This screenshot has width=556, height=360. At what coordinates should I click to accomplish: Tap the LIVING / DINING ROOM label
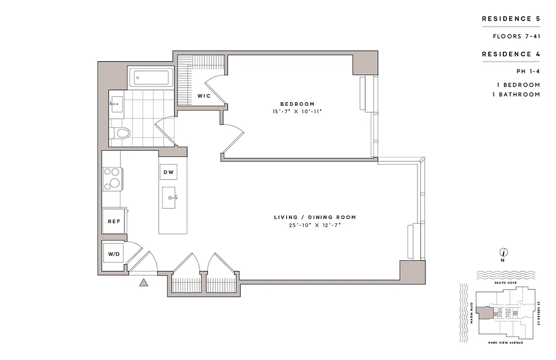point(314,217)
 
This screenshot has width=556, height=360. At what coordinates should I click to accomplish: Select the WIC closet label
point(204,96)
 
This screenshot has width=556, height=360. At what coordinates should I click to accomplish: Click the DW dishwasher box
point(169,172)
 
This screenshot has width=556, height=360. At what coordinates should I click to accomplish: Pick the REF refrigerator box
point(113,221)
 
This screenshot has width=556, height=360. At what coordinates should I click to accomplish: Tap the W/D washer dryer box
point(113,254)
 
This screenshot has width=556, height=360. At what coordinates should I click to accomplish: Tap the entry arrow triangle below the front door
point(143,283)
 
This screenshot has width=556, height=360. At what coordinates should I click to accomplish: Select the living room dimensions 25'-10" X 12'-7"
point(314,225)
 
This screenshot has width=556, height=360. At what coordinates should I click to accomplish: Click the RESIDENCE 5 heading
point(511,19)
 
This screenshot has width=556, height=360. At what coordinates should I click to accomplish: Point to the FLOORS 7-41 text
point(516,36)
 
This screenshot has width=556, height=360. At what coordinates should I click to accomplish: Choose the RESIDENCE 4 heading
point(511,54)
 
